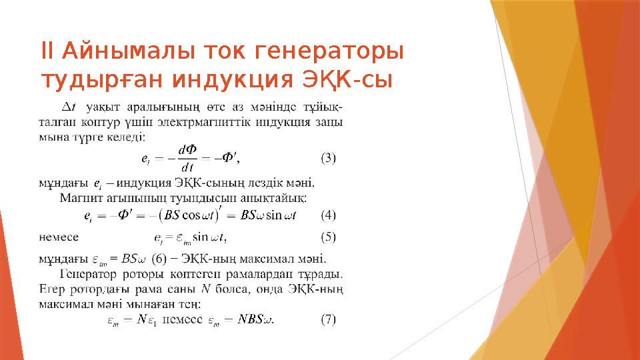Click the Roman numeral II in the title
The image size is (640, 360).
point(48,51)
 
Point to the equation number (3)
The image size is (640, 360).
point(329,159)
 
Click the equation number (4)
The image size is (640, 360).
point(329,215)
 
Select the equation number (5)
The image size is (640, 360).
point(329,236)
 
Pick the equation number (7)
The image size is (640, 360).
point(329,320)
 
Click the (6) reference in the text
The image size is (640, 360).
point(159,258)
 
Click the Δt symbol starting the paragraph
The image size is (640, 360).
point(69,107)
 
